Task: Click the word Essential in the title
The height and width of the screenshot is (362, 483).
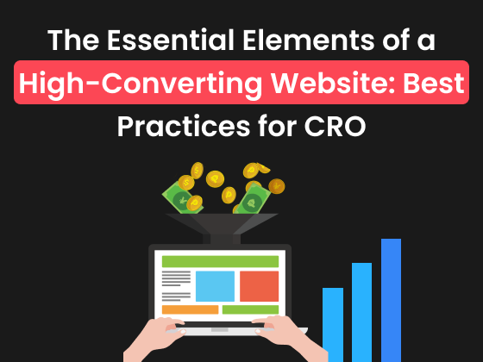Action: tap(189, 40)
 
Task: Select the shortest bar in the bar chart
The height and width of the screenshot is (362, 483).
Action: tap(333, 322)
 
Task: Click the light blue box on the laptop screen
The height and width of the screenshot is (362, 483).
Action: tap(215, 285)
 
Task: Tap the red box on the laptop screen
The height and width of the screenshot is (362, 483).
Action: tap(259, 285)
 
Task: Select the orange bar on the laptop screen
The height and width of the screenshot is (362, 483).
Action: tap(190, 309)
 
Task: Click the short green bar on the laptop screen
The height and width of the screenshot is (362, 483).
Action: tap(250, 309)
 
